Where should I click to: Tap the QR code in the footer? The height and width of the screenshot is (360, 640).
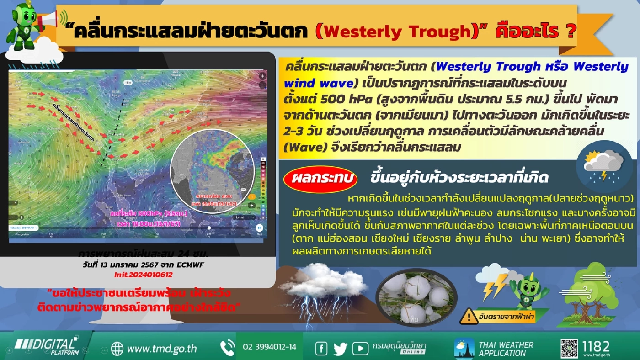pyautogui.click(x=569, y=349)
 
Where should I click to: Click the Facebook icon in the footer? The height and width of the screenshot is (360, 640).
pyautogui.click(x=321, y=349)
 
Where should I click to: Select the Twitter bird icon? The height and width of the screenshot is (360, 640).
pyautogui.click(x=341, y=349)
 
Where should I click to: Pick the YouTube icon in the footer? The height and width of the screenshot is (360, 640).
pyautogui.click(x=360, y=349)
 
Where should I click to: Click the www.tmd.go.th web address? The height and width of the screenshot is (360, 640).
pyautogui.click(x=161, y=349)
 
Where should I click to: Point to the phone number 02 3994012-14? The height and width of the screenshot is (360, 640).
pyautogui.click(x=269, y=347)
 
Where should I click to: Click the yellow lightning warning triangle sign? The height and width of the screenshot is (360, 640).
pyautogui.click(x=469, y=316)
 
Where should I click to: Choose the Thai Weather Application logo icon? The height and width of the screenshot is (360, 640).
pyautogui.click(x=464, y=349)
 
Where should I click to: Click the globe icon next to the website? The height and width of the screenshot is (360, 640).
pyautogui.click(x=117, y=349)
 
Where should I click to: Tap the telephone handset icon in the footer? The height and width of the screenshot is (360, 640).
pyautogui.click(x=228, y=348)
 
